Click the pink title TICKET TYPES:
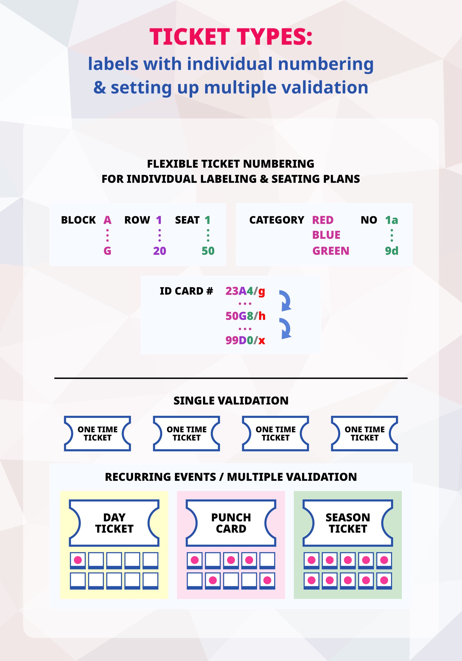point(231,37)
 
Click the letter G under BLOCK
point(107,251)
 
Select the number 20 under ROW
point(160,251)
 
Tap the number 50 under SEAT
point(208,251)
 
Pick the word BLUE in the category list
point(326,235)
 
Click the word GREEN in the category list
point(331,251)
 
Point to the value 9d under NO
point(391,251)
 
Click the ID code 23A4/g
point(245,291)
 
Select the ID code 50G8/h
point(245,316)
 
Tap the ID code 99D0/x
point(245,340)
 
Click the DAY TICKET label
point(114,523)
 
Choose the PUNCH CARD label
point(231,523)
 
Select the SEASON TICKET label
point(348,523)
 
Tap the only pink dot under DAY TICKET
point(78,560)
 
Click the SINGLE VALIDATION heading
point(231,401)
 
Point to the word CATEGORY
point(276,220)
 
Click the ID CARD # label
point(186,291)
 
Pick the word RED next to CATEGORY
point(323,220)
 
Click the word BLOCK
point(78,220)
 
